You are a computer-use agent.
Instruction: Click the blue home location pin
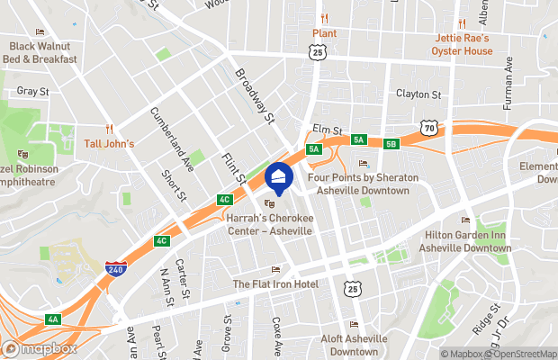coord(279,177)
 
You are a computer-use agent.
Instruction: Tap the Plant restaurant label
coord(324,33)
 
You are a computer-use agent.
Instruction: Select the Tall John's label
coord(109,143)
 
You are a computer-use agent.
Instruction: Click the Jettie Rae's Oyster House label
coord(463,44)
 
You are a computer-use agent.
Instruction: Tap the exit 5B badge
coord(391,144)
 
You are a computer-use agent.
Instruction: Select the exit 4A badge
coord(53,319)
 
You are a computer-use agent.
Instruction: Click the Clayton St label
coord(419,94)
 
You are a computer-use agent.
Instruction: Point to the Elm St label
coord(328,130)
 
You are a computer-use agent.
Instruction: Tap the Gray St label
coord(31,91)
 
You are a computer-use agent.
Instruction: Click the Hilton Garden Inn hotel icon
coord(465,221)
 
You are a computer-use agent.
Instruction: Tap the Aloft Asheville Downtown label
coord(354,345)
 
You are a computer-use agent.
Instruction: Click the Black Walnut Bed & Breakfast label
coord(42,52)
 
